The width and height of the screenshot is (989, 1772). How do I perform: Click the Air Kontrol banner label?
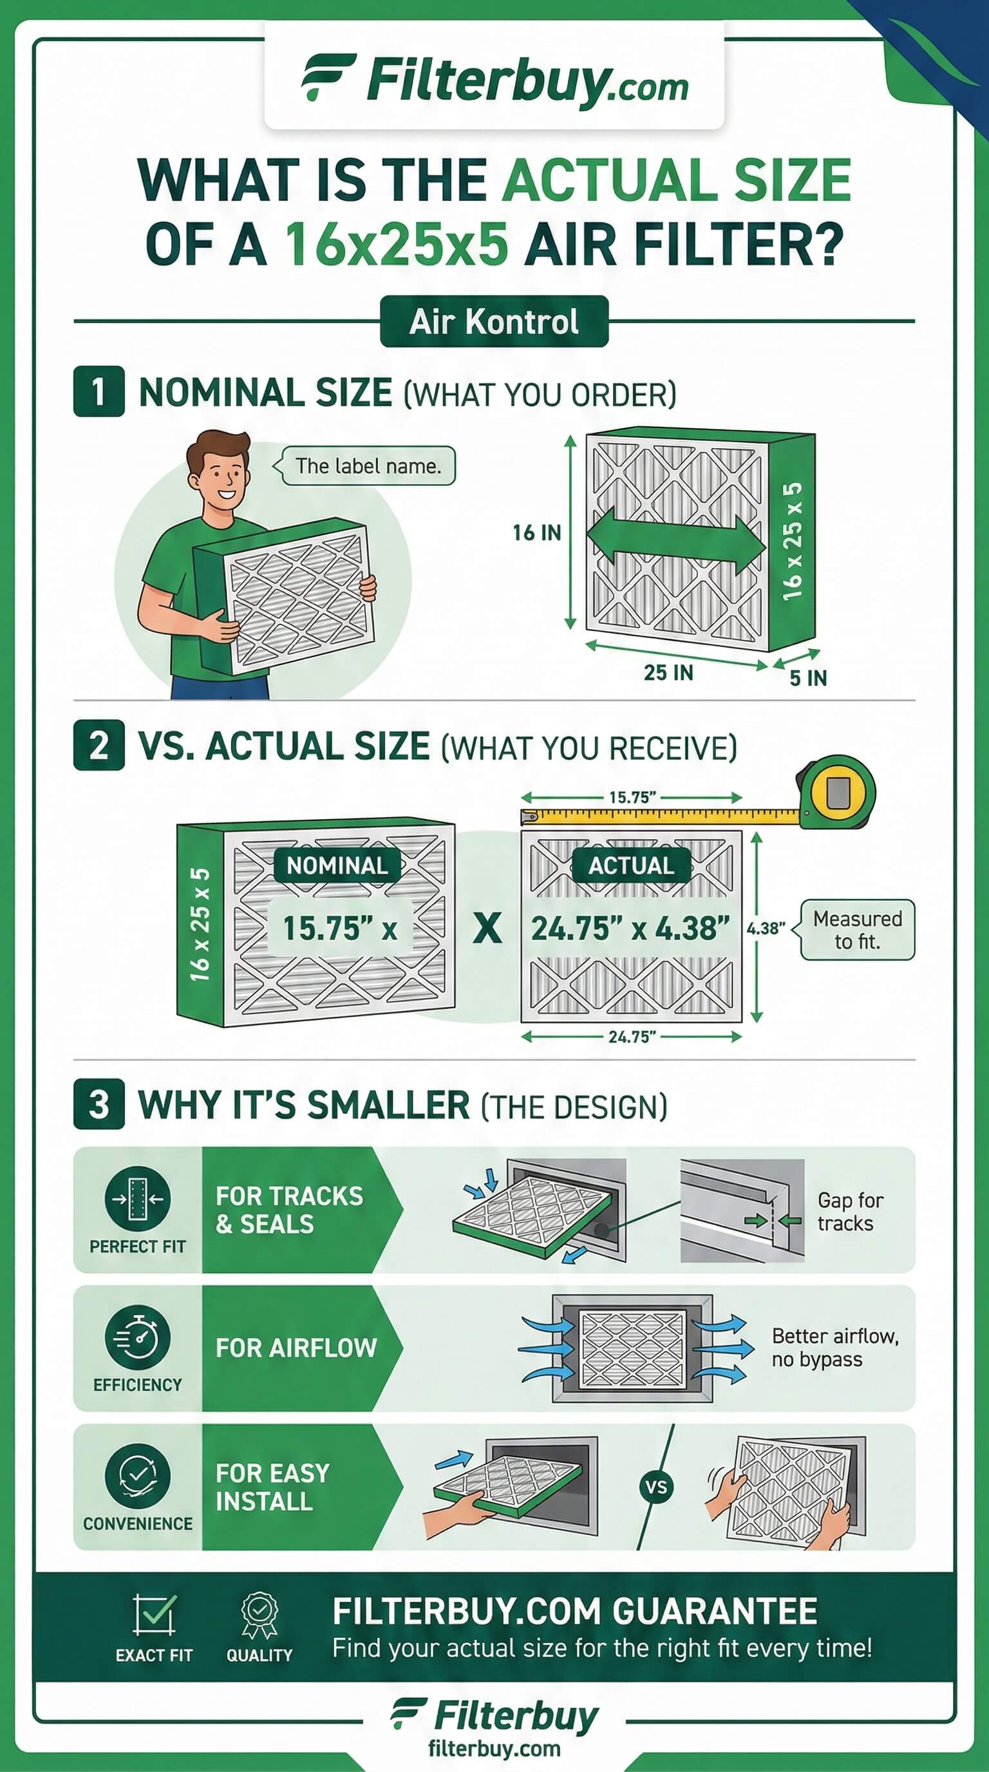pos(494,321)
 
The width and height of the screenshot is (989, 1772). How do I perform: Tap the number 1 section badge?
pos(99,391)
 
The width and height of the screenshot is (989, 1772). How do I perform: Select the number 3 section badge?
pos(99,1104)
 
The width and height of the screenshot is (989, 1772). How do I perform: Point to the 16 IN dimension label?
pos(536,533)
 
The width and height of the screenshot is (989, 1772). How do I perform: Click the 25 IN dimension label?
pos(668,672)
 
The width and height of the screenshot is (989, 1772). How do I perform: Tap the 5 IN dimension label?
pos(808,678)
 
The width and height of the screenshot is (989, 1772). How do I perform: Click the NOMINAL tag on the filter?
pos(337,865)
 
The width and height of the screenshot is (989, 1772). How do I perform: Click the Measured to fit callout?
pos(856,930)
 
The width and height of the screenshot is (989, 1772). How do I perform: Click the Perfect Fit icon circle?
pos(137,1199)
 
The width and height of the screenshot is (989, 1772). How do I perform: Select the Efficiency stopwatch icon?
pos(137,1337)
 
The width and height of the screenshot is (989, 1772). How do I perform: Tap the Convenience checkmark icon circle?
pos(137,1476)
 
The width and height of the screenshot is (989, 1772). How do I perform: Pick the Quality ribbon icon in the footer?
pos(259,1617)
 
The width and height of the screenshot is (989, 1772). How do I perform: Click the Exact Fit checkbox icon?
pos(154,1614)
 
